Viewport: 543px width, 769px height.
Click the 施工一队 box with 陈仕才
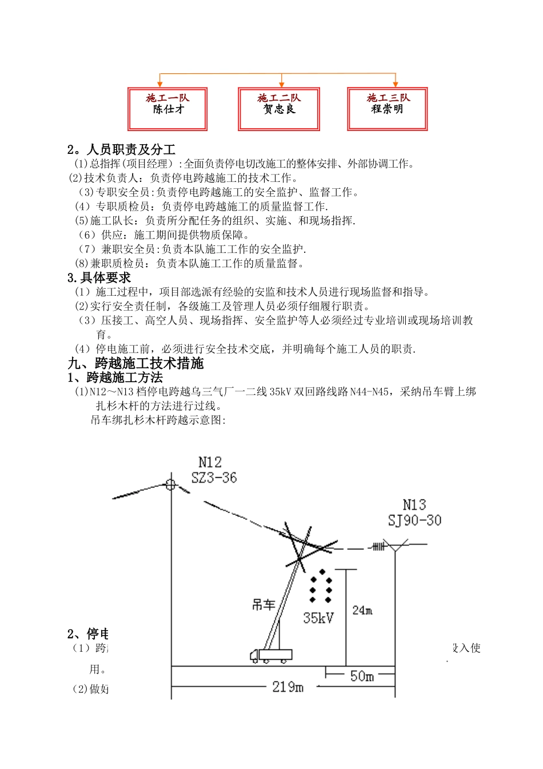tap(167, 109)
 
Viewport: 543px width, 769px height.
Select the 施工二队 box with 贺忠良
tap(279, 109)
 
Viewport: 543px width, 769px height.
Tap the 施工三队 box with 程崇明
tap(388, 109)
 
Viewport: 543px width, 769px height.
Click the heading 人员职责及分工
tap(130, 150)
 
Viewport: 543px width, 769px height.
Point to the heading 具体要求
tap(105, 278)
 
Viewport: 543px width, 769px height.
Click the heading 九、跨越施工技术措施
tap(136, 364)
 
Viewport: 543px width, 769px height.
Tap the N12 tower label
tap(210, 462)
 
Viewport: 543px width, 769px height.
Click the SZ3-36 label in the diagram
tap(214, 478)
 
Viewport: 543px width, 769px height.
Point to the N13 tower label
tap(414, 505)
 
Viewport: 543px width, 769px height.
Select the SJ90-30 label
tap(414, 521)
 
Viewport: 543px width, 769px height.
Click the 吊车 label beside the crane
tap(263, 605)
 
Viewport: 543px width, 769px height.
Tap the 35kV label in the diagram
tap(318, 618)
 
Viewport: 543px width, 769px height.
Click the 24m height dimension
tap(362, 611)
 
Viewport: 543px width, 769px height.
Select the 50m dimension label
tap(362, 676)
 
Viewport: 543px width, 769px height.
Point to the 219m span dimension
tap(288, 687)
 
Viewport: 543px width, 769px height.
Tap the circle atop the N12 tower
tap(170, 485)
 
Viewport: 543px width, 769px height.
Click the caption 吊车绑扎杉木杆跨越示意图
tap(158, 421)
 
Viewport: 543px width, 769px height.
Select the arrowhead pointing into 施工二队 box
tap(281, 85)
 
